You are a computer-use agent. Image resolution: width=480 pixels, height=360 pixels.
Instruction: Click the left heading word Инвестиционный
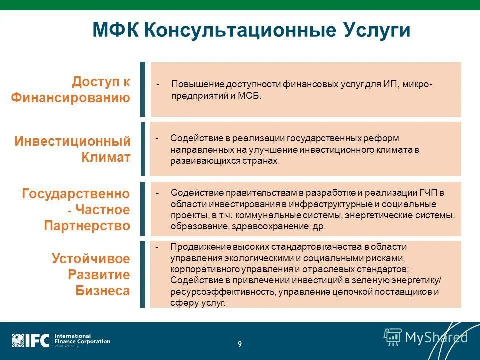pos(72,141)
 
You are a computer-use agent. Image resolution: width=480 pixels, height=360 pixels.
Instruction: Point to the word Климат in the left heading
pos(106,157)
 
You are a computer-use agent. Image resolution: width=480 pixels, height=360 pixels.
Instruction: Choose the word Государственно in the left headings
pos(76,194)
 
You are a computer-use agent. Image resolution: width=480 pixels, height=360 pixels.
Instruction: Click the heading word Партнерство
pos(87,226)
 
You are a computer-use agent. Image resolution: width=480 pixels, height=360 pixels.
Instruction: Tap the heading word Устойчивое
pos(91,259)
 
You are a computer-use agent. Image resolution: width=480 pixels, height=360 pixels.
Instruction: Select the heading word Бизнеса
pos(103,291)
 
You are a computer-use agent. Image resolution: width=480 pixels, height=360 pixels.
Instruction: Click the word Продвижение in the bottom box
pos(195,247)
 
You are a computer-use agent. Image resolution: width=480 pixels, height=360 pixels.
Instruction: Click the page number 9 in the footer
pos(240,344)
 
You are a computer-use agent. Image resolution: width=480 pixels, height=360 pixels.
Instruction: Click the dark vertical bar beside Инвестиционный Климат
pos(143,148)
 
